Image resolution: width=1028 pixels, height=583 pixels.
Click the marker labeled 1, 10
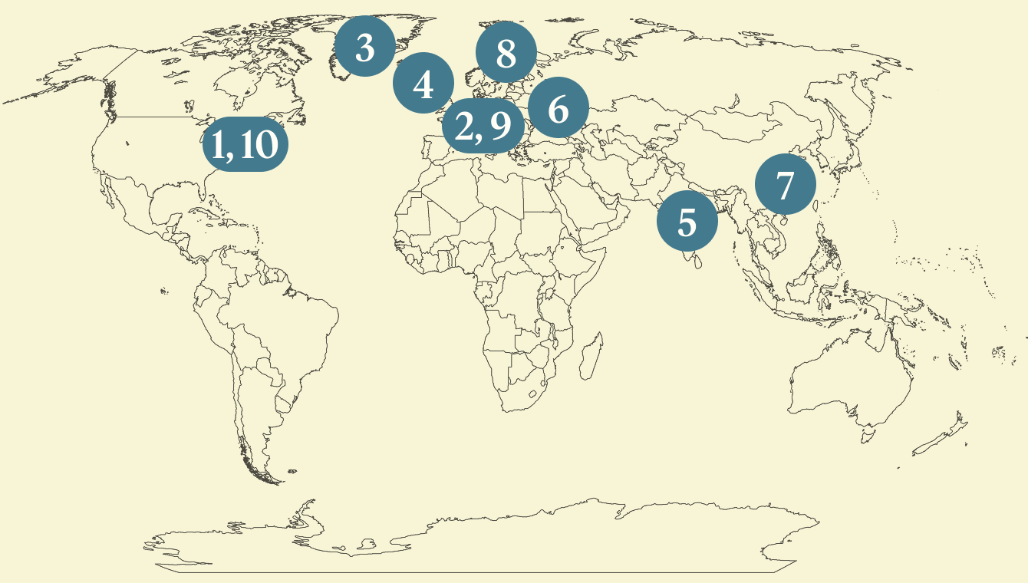pyautogui.click(x=245, y=144)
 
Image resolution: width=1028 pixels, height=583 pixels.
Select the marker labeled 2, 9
pyautogui.click(x=483, y=127)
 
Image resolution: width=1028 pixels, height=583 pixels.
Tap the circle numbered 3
pyautogui.click(x=365, y=48)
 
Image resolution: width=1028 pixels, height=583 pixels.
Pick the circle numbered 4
pyautogui.click(x=423, y=84)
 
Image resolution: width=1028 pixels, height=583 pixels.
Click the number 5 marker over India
pyautogui.click(x=687, y=222)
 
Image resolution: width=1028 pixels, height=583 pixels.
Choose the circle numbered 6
pyautogui.click(x=558, y=109)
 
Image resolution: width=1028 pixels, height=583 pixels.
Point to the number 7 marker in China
pyautogui.click(x=784, y=185)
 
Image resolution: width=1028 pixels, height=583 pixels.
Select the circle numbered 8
pyautogui.click(x=506, y=52)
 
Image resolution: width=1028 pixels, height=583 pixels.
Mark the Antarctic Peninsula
pyautogui.click(x=302, y=512)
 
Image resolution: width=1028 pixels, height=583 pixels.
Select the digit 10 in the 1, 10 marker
pyautogui.click(x=259, y=144)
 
